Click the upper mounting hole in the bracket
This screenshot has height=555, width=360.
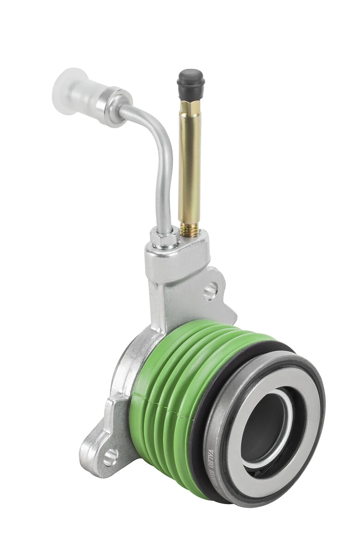pos(210,291)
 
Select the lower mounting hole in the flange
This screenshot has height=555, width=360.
pos(110,457)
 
